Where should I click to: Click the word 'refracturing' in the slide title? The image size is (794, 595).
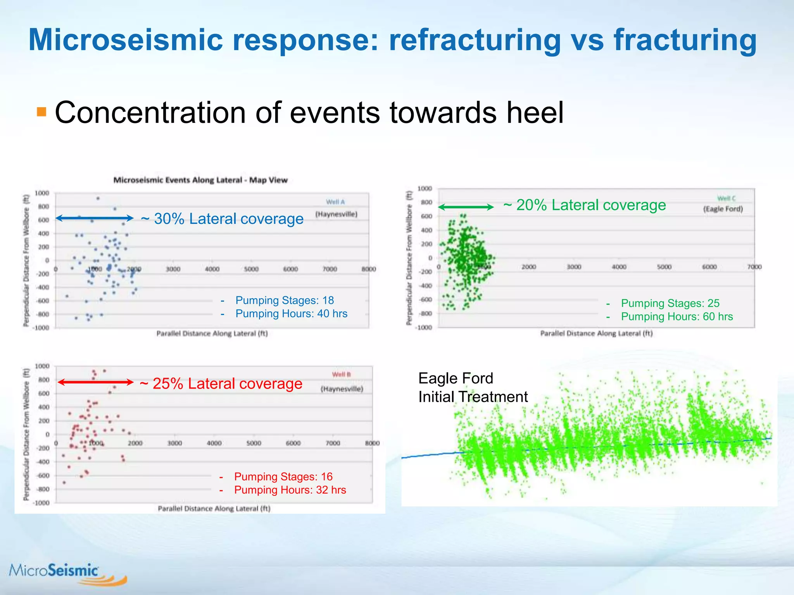click(475, 40)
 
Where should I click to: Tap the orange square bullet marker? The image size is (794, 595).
click(41, 112)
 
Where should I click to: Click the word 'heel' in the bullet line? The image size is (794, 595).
click(535, 113)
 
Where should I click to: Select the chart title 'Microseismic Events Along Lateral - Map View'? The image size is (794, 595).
click(200, 180)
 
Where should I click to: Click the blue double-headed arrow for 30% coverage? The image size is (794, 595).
click(95, 218)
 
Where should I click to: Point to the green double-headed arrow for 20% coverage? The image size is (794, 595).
click(466, 207)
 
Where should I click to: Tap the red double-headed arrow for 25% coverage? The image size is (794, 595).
click(95, 382)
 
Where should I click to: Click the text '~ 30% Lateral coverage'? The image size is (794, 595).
click(222, 219)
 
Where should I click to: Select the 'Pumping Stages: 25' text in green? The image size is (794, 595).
click(670, 303)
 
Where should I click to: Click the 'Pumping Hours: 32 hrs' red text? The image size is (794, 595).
click(290, 490)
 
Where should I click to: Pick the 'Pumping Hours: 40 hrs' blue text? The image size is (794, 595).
click(291, 313)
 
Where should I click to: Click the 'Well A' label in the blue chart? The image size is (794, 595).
click(335, 202)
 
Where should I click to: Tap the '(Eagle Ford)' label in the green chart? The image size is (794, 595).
click(723, 209)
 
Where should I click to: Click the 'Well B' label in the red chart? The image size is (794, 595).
click(341, 375)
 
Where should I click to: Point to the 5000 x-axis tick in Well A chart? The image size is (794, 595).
click(251, 269)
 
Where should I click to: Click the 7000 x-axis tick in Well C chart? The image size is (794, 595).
click(754, 267)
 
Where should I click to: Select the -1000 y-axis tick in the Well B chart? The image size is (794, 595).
click(42, 503)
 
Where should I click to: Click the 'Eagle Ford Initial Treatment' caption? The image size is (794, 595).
click(473, 387)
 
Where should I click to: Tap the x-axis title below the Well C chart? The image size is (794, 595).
click(596, 334)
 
